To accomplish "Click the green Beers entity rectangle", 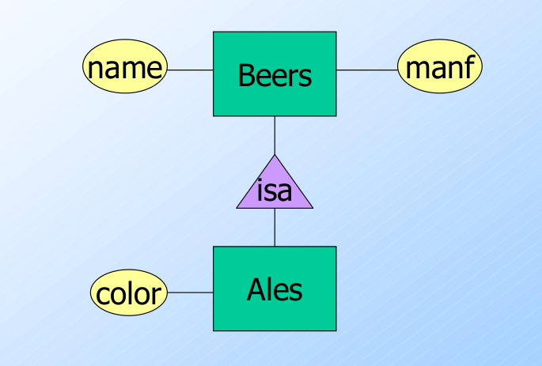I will pyautogui.click(x=275, y=74).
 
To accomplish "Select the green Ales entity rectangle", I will pyautogui.click(x=275, y=289).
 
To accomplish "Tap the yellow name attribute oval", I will pyautogui.click(x=125, y=69).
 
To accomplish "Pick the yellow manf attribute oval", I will pyautogui.click(x=440, y=69).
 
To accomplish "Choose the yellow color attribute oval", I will pyautogui.click(x=128, y=292).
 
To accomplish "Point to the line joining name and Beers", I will pyautogui.click(x=190, y=70).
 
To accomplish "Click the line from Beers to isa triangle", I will pyautogui.click(x=275, y=134).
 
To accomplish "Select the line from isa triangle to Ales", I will pyautogui.click(x=275, y=227).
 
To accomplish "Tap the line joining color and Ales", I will pyautogui.click(x=190, y=292).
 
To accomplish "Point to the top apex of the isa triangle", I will pyautogui.click(x=275, y=155).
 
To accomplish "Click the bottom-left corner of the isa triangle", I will pyautogui.click(x=237, y=208).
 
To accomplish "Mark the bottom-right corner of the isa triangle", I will pyautogui.click(x=313, y=208).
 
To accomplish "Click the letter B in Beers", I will pyautogui.click(x=245, y=76).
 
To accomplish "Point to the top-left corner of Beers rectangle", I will pyautogui.click(x=214, y=32).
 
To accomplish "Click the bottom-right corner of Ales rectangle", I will pyautogui.click(x=335, y=330).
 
